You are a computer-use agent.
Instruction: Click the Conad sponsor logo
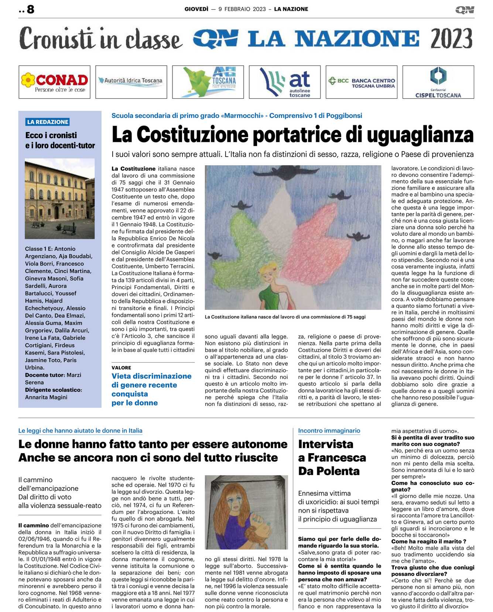[x=55, y=82]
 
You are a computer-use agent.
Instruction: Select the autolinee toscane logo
[x=285, y=82]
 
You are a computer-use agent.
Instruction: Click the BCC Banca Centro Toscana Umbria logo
[x=362, y=82]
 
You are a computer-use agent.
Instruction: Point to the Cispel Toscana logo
[x=438, y=82]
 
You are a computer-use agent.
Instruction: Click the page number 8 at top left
[x=31, y=9]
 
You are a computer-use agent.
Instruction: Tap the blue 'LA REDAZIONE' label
[x=48, y=122]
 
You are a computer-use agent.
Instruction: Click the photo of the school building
[x=59, y=199]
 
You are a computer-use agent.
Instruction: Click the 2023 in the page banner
[x=451, y=38]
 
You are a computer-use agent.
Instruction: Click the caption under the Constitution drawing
[x=285, y=317]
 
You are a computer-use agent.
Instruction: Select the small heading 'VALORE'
[x=121, y=368]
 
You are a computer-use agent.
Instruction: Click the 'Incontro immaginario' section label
[x=329, y=431]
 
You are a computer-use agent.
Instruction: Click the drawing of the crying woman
[x=246, y=512]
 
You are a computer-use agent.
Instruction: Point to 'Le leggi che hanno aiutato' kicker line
[x=80, y=431]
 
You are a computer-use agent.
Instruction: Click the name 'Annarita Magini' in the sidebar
[x=46, y=397]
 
